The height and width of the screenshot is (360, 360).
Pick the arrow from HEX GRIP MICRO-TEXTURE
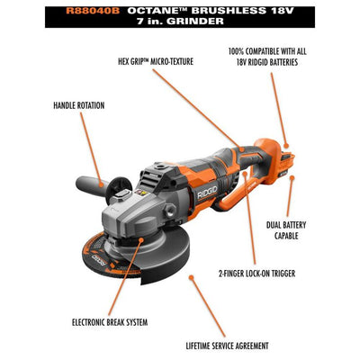[x=211, y=108]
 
